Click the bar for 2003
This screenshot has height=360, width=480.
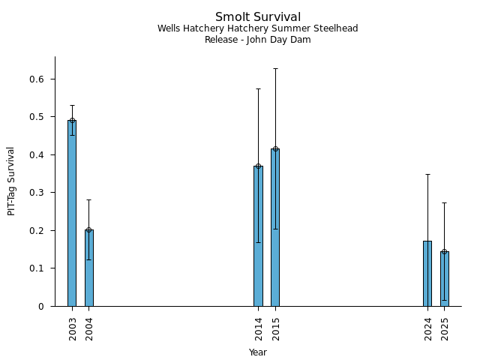(72, 214)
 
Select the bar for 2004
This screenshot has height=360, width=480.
(88, 268)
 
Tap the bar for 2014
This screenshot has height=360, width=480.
(258, 236)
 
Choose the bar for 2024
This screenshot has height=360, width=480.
(427, 274)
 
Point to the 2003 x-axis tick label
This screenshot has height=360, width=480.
(73, 328)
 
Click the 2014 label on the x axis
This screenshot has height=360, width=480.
(259, 328)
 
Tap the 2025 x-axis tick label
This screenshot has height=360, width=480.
(445, 328)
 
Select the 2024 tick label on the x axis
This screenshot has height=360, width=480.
(428, 328)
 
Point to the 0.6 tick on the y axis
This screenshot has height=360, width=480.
(37, 79)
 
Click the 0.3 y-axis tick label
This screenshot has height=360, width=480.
(37, 193)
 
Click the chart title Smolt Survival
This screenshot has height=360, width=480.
(258, 17)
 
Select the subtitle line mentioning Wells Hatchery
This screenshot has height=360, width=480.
(258, 28)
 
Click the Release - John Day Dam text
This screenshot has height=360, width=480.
(258, 40)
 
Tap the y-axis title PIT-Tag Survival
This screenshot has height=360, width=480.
(11, 181)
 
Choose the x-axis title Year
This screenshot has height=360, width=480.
(258, 352)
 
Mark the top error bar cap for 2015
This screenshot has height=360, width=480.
(275, 68)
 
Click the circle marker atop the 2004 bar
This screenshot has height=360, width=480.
(88, 230)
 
